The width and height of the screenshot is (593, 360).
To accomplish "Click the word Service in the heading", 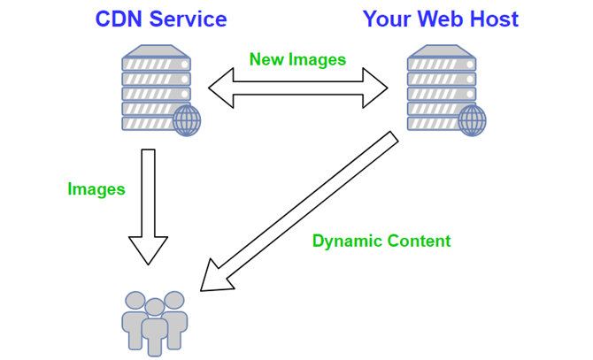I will (188, 19).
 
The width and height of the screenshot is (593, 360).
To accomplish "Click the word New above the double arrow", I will (268, 59).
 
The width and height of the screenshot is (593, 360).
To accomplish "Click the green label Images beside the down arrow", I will (96, 188).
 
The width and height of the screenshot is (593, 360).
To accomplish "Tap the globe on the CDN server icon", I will (186, 121).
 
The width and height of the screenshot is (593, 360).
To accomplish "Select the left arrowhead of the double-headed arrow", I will (219, 88).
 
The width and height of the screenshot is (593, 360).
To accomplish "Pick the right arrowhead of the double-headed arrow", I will (379, 88).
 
